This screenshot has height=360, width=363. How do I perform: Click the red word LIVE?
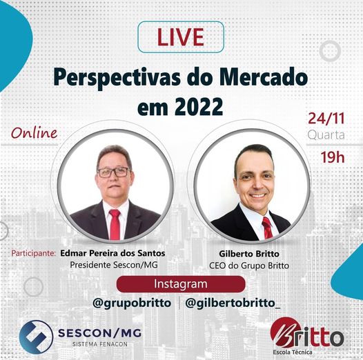click(181, 37)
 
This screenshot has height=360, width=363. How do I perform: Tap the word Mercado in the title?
click(264, 77)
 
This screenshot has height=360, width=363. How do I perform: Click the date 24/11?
click(326, 118)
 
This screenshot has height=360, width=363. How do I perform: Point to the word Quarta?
click(326, 135)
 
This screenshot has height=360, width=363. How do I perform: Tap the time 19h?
click(333, 157)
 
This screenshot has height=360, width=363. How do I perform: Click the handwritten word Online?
click(35, 133)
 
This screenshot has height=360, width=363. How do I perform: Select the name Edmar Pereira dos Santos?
click(112, 253)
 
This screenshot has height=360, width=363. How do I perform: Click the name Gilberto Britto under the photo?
click(249, 254)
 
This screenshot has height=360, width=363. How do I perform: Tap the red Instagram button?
click(181, 284)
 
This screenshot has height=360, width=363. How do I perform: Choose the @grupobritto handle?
click(132, 303)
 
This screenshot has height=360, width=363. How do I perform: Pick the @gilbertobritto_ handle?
click(233, 303)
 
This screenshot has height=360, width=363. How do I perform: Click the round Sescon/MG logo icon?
click(36, 337)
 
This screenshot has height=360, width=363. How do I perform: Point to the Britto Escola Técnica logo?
click(306, 336)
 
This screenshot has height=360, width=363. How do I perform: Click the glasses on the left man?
click(113, 172)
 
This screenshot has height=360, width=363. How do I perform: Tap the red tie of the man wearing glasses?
click(115, 224)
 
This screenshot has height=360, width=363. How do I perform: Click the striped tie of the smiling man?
click(267, 228)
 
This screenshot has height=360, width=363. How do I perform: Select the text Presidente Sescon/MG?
click(114, 265)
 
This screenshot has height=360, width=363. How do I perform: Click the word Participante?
click(34, 253)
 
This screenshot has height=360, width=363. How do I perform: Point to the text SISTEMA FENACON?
click(100, 344)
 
